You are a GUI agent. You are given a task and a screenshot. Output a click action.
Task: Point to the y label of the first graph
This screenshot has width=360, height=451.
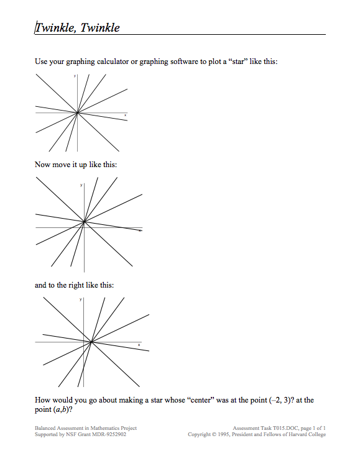[x=75, y=76]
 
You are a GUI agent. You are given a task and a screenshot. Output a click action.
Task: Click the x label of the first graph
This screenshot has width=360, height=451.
[x=125, y=116]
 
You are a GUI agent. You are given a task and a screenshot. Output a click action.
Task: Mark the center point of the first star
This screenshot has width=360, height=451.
[x=76, y=113]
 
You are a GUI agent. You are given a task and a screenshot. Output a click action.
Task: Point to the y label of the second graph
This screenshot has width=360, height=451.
[x=81, y=185]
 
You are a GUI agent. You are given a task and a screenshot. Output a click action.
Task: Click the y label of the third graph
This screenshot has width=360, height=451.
[x=81, y=300]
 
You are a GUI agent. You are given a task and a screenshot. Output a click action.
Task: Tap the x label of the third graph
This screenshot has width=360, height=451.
[x=139, y=345]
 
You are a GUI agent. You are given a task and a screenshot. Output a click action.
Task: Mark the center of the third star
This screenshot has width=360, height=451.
[x=91, y=342]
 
